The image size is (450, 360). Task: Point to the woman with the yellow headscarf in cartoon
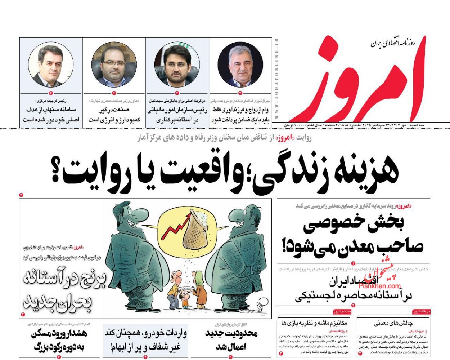(x=200, y=292)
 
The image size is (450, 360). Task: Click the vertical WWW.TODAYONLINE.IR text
(x=276, y=79)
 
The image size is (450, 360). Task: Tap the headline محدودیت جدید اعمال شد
(x=231, y=340)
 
